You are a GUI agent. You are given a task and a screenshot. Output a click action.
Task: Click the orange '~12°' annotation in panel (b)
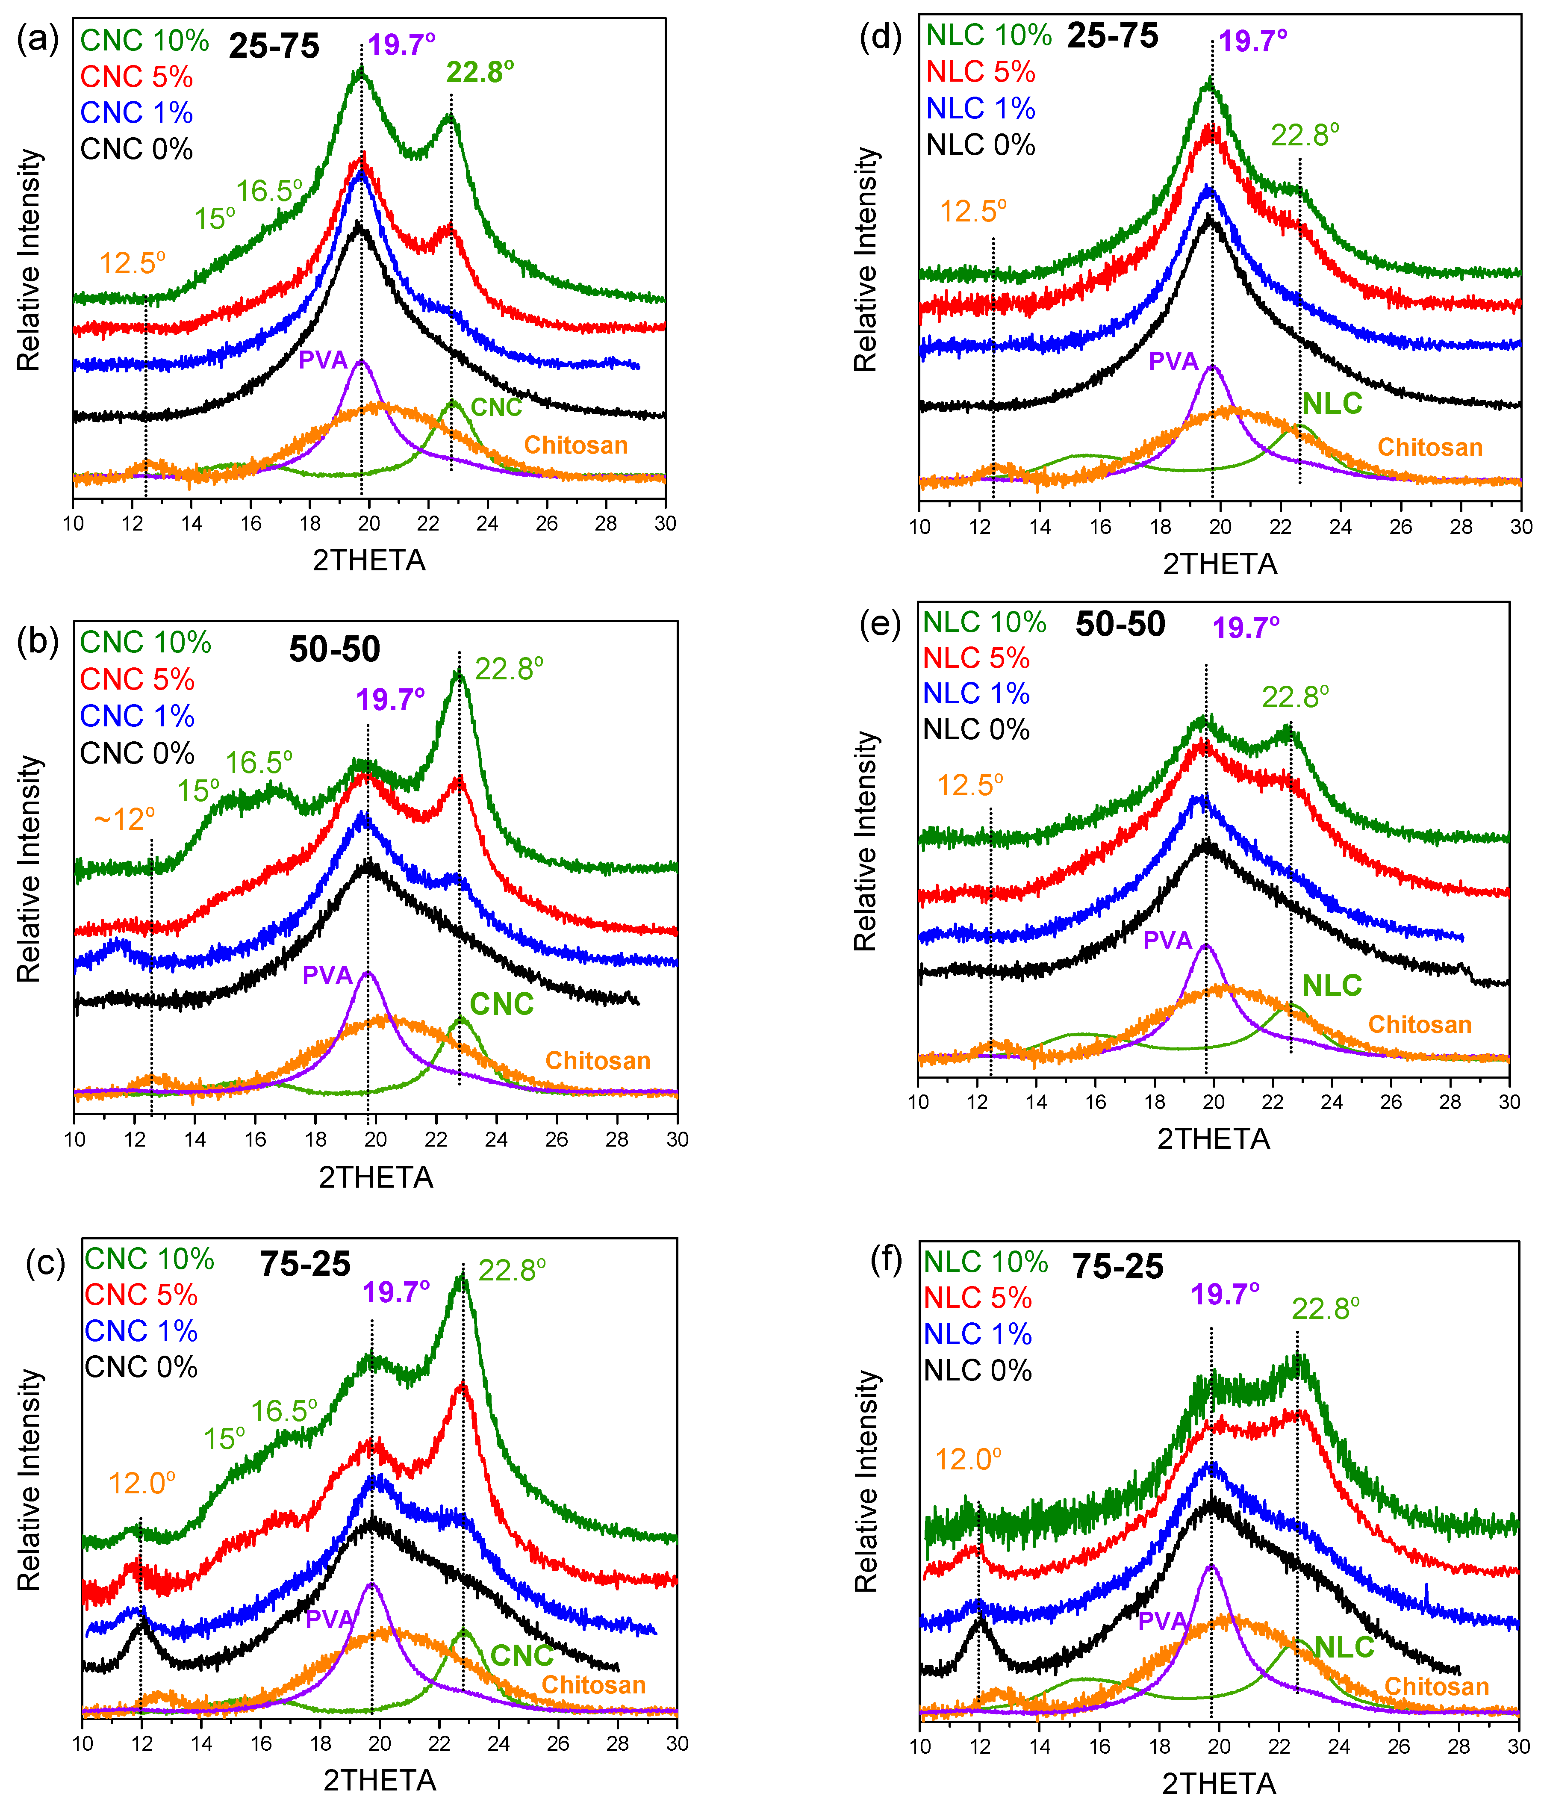(124, 820)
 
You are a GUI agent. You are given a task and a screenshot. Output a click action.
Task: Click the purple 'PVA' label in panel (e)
(1167, 940)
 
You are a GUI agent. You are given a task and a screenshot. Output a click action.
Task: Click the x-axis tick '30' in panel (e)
(1509, 1102)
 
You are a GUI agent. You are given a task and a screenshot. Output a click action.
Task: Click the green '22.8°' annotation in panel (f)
(1326, 1309)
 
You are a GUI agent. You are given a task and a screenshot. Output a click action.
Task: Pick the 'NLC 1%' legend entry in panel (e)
(976, 694)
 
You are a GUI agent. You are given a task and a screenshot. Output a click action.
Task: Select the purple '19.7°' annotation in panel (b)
(390, 700)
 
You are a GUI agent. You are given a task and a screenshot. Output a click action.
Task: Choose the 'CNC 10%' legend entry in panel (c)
(149, 1259)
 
